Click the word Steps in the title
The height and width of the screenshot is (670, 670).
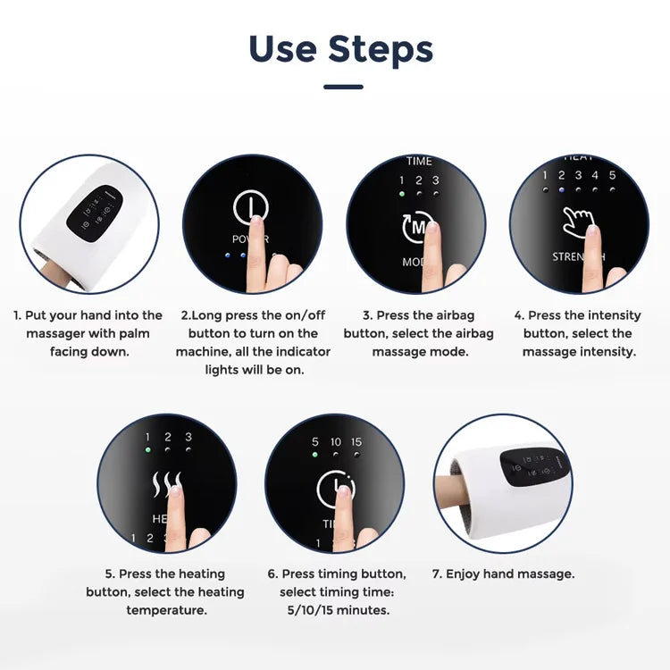(381, 49)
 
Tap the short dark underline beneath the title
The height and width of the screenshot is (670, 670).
(343, 87)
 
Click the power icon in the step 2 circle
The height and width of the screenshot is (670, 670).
(251, 208)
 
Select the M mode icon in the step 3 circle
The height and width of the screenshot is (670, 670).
(416, 228)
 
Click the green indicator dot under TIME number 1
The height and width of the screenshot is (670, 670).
(402, 193)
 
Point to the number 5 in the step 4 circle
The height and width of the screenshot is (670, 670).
(612, 176)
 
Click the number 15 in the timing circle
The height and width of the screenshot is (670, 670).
(356, 442)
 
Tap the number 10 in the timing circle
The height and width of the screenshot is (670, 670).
(336, 442)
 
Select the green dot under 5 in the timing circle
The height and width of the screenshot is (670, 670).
(315, 455)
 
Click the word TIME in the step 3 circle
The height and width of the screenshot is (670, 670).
(419, 162)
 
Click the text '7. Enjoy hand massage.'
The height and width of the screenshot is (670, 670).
(503, 574)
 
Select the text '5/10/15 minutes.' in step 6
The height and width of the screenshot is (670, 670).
(337, 611)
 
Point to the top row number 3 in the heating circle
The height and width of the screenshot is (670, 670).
(188, 438)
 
